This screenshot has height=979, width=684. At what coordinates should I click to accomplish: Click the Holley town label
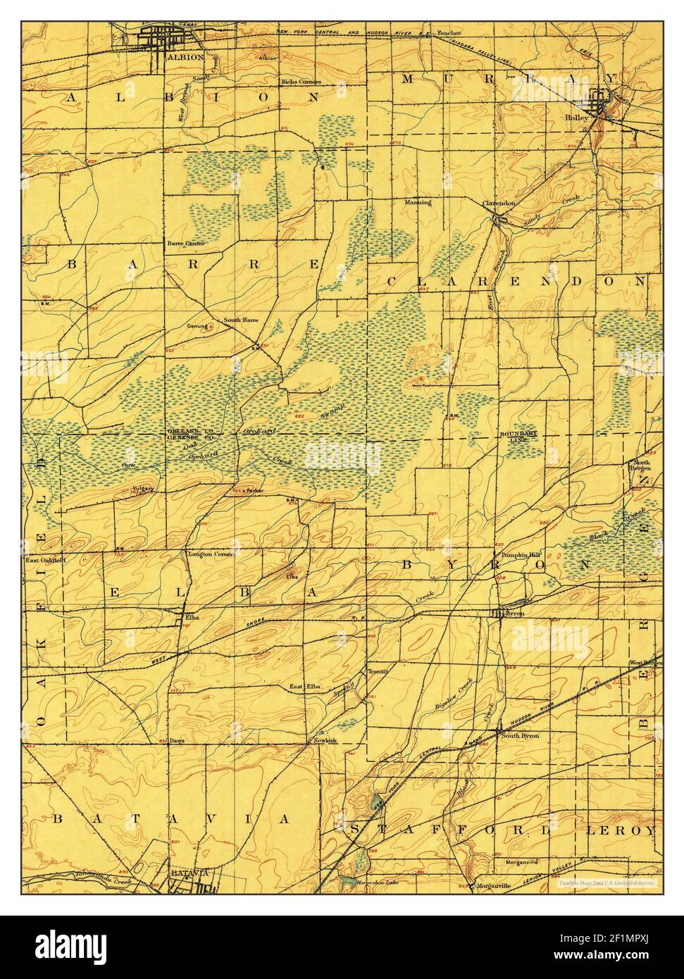(x=577, y=118)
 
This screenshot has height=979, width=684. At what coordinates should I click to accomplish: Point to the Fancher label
(x=449, y=33)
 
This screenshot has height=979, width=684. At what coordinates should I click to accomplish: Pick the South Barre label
(x=240, y=320)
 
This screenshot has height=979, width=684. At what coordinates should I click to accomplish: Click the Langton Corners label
(x=210, y=554)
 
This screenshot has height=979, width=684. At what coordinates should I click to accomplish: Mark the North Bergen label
(x=642, y=466)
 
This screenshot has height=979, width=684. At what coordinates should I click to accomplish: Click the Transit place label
(x=378, y=672)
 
